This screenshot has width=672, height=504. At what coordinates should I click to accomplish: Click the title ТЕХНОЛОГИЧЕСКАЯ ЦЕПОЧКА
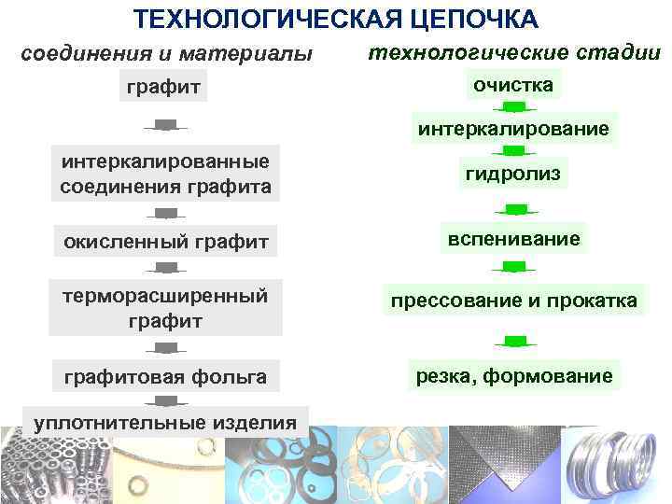point(335,19)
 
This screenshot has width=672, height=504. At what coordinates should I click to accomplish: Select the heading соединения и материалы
point(167,54)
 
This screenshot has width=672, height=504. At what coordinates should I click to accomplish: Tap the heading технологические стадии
point(512,52)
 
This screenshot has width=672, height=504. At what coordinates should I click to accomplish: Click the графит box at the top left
point(165,89)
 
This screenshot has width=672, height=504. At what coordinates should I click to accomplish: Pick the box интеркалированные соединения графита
point(165,174)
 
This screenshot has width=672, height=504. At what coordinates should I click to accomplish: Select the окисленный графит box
point(165,243)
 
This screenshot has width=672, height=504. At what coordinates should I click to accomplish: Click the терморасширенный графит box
point(165,308)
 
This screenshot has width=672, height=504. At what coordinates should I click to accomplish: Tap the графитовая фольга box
point(165,377)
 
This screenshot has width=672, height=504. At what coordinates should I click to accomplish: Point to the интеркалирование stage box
point(512,128)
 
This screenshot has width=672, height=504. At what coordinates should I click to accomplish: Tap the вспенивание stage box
point(512,239)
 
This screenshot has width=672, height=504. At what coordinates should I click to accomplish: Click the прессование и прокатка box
point(512,301)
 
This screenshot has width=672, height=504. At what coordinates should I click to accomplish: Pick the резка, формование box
point(512,376)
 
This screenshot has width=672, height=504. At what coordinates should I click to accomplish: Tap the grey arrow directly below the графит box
point(165,125)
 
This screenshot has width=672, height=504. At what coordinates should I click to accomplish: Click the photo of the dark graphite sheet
point(503,465)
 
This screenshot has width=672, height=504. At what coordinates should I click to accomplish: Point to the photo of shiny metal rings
point(615,465)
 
